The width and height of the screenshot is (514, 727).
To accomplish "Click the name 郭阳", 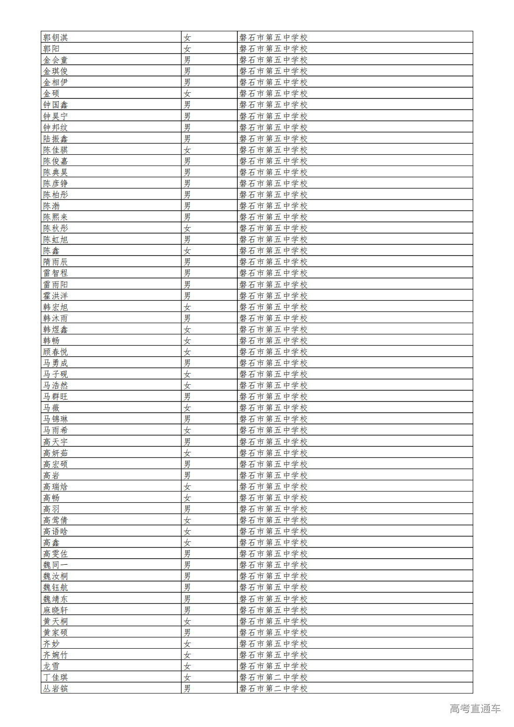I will click(51, 48).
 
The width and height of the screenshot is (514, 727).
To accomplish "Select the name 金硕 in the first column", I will click(51, 93).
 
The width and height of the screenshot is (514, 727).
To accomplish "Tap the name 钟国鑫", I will click(56, 104).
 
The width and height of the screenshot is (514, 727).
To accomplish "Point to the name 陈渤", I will click(51, 206).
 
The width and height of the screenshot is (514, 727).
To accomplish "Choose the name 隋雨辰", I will click(56, 262).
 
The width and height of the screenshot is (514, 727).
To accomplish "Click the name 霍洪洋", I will click(56, 296).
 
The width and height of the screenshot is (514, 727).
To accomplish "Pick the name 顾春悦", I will click(56, 352).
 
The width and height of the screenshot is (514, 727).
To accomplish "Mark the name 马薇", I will click(51, 408).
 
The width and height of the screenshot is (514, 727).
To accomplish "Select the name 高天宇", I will click(56, 442).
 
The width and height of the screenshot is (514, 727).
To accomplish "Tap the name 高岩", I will click(51, 475).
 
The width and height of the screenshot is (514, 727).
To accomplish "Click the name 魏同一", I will click(56, 565).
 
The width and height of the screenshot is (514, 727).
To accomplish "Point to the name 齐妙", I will click(51, 644).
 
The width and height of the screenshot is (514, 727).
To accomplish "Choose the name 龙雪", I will click(51, 666).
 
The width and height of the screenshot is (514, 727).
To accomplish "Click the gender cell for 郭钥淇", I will click(187, 37).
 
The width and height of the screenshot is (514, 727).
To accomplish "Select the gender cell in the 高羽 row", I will click(187, 509).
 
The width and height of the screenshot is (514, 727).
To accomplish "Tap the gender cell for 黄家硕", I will click(187, 632).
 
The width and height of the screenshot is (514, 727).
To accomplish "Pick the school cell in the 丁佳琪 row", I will click(273, 677).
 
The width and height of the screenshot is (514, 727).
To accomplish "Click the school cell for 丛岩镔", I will click(273, 688).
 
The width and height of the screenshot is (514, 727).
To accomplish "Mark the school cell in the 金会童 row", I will click(273, 60).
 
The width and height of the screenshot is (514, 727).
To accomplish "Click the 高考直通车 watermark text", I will click(475, 708).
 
